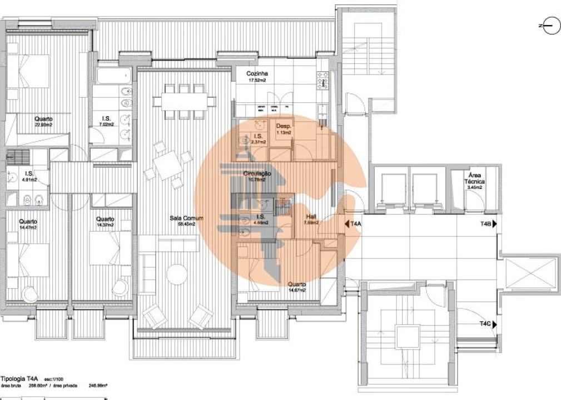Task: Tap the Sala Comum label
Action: [186, 218]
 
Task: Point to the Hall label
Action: [311, 217]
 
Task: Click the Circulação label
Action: [257, 173]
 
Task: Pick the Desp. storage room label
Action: [284, 127]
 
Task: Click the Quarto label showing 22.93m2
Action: [43, 119]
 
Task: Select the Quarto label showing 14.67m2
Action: [297, 284]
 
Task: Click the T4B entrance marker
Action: [488, 223]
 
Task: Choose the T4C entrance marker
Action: [488, 323]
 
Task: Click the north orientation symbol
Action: [551, 26]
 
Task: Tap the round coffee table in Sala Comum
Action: [177, 273]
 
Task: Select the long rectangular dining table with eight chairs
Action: [185, 101]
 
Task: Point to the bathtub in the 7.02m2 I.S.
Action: [113, 76]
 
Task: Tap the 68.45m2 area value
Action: [186, 224]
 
